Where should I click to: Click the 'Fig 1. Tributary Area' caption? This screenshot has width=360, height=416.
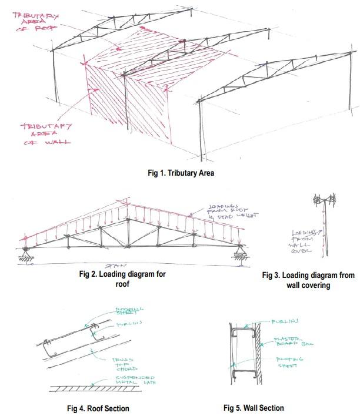click(181, 173)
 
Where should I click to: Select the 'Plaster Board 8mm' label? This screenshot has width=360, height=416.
click(289, 343)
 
